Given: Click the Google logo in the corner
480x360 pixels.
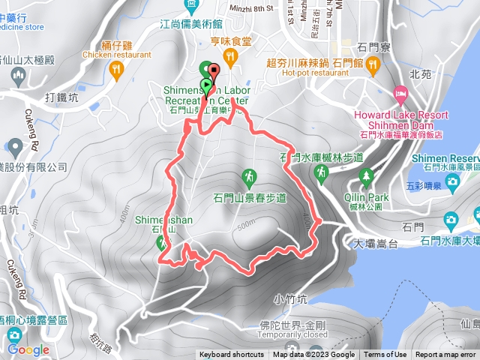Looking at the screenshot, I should [28, 349].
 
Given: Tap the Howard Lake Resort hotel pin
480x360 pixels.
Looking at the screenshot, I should [400, 95].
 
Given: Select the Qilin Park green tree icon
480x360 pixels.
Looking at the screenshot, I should [367, 177].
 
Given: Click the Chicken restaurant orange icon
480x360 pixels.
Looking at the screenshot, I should [116, 70].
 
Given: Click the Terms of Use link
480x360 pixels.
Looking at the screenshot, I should [385, 355].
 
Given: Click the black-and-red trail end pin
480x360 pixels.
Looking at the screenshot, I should [215, 73].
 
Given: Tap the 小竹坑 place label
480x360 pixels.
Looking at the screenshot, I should [289, 298].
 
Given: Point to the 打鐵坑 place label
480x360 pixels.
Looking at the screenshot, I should [61, 97].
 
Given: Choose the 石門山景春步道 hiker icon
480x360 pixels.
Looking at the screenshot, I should [247, 178].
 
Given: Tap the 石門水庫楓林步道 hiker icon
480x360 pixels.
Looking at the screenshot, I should [321, 172].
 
